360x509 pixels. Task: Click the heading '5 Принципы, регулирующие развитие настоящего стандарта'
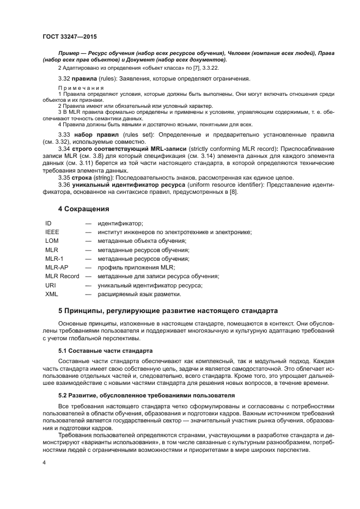(x=168, y=311)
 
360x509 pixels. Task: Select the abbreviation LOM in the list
(x=52, y=241)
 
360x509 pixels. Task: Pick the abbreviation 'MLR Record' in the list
(x=62, y=276)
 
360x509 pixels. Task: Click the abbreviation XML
(x=52, y=294)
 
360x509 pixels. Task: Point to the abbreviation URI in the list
(x=50, y=285)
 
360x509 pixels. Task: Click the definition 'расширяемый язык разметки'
(x=139, y=294)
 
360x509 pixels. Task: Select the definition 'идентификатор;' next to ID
(x=120, y=223)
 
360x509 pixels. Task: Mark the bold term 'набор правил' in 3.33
(x=94, y=134)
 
